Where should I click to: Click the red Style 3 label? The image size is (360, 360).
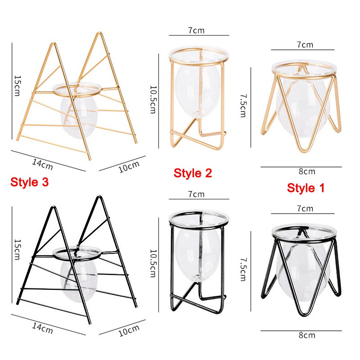point(30,182)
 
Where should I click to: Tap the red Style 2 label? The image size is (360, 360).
point(193,173)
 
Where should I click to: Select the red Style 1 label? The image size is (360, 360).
point(306,188)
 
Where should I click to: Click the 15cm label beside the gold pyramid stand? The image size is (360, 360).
point(18,86)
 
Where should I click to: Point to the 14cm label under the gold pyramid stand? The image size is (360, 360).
point(42,164)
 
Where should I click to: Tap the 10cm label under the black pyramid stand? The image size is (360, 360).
point(129,331)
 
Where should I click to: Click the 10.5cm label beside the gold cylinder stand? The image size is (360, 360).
point(153,99)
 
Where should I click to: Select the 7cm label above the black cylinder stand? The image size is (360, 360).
point(196,194)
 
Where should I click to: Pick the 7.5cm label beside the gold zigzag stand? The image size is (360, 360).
point(243,106)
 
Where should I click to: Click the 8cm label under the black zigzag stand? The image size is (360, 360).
point(307,335)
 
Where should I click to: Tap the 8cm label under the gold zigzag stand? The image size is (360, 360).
point(307,171)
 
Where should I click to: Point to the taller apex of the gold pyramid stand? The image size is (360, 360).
point(99,32)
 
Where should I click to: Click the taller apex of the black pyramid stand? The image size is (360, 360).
point(99,197)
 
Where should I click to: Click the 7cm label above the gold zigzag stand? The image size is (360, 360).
point(305,45)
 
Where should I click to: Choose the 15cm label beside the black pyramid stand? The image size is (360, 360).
point(18,250)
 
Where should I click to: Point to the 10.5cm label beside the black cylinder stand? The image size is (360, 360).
point(153,263)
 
